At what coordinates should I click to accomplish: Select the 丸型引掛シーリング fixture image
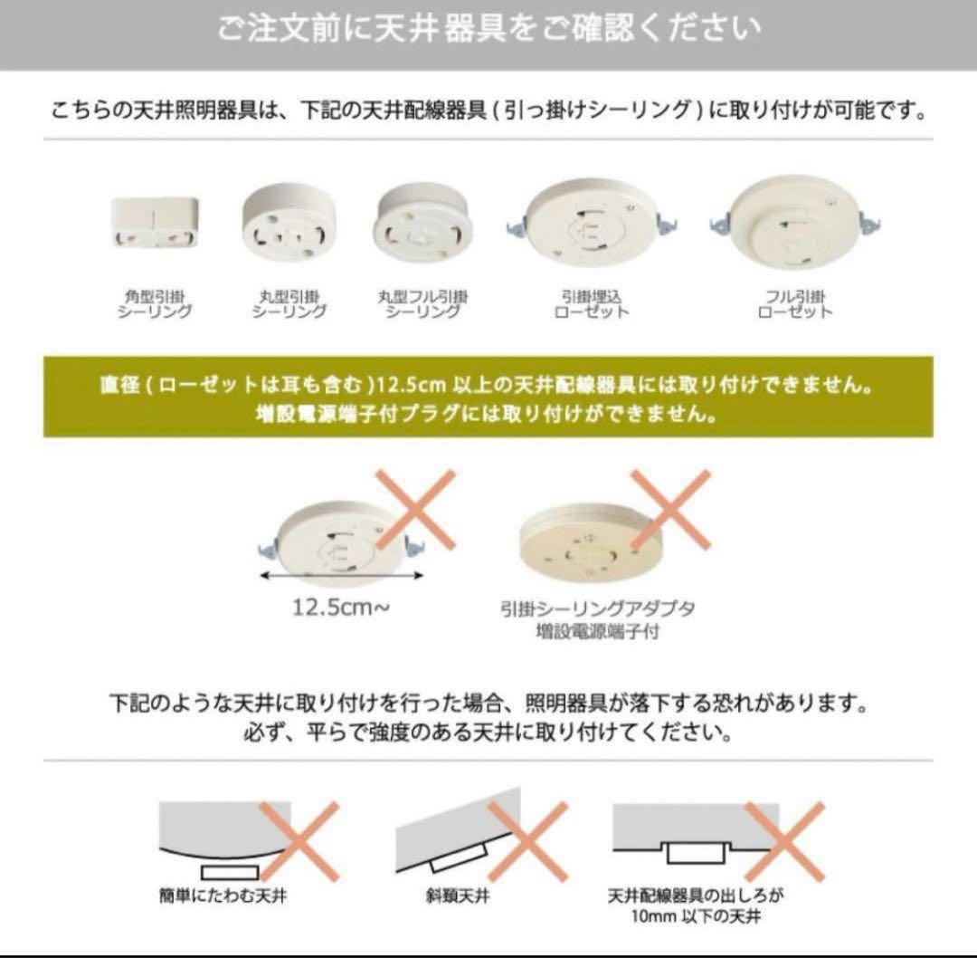click(x=288, y=219)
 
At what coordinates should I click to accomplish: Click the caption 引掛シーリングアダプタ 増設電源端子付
click(x=597, y=619)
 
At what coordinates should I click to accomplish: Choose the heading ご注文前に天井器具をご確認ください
click(x=488, y=29)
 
